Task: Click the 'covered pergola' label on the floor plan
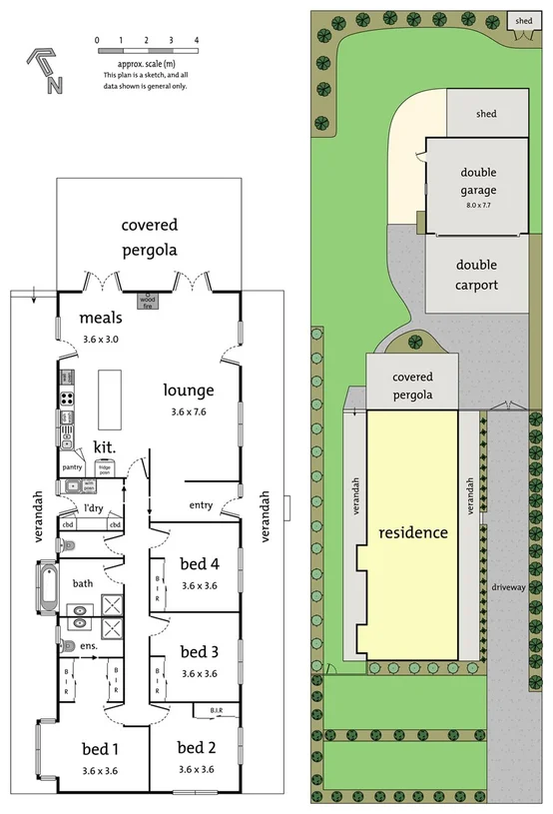[150, 238]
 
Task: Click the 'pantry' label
[72, 466]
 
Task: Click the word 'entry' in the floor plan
[201, 505]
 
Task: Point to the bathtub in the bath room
[48, 587]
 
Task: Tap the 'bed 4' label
[199, 563]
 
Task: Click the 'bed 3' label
[199, 652]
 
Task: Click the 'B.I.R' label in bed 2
[217, 710]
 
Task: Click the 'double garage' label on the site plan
[478, 182]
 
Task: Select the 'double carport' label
[477, 275]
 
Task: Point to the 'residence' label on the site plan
[412, 532]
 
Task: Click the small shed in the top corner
[522, 22]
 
